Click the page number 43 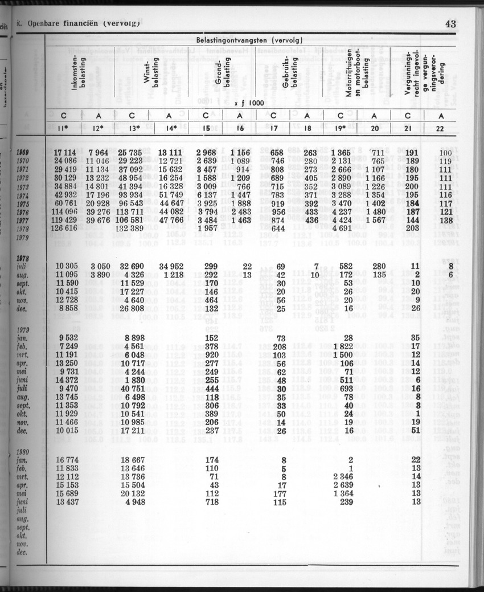pyautogui.click(x=450, y=24)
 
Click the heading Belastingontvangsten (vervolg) pyautogui.click(x=249, y=40)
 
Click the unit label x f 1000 pyautogui.click(x=248, y=103)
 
